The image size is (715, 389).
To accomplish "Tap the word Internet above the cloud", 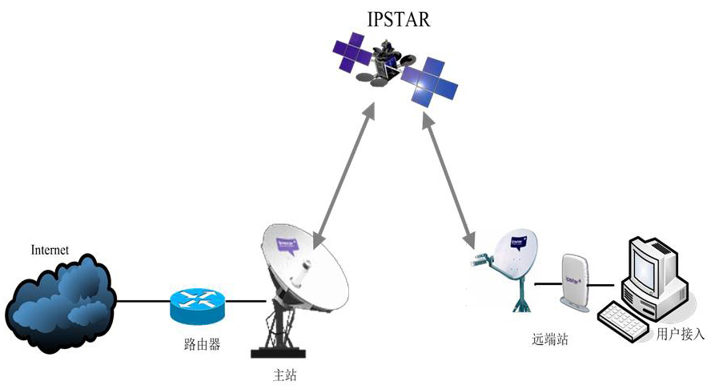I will (x=50, y=250).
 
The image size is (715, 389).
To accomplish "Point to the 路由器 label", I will (x=197, y=345).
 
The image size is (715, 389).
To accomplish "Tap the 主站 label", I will (x=284, y=374).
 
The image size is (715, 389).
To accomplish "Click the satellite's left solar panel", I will (x=357, y=54).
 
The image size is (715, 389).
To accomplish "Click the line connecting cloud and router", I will (x=143, y=302).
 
